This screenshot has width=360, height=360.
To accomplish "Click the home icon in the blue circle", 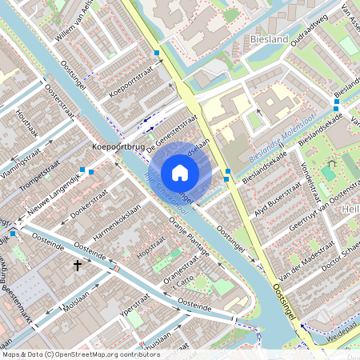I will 180,172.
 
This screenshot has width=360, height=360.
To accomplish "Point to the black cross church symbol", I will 78,265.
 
